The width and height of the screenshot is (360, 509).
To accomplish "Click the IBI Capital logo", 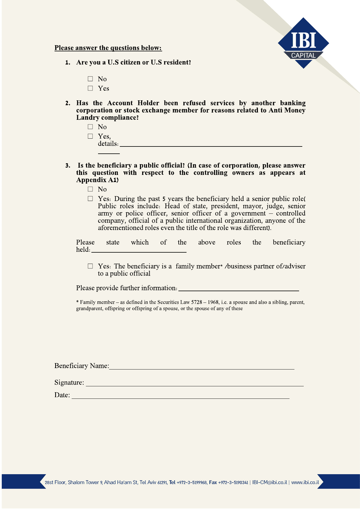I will pyautogui.click(x=303, y=43).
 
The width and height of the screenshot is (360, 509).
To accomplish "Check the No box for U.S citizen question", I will pyautogui.click(x=91, y=79).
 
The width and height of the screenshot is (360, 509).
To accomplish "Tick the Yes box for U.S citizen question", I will pyautogui.click(x=91, y=88).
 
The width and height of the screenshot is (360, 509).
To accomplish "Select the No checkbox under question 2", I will pyautogui.click(x=91, y=127).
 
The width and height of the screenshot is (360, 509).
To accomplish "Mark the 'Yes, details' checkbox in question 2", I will pyautogui.click(x=91, y=136).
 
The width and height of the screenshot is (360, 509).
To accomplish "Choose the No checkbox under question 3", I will pyautogui.click(x=91, y=189).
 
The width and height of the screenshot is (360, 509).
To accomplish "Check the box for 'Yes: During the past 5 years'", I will pyautogui.click(x=91, y=199).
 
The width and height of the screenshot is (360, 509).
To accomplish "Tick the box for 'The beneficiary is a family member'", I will pyautogui.click(x=91, y=266).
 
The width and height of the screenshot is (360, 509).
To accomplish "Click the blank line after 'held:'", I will pyautogui.click(x=139, y=250).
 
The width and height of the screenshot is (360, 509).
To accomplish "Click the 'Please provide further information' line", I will pyautogui.click(x=238, y=289).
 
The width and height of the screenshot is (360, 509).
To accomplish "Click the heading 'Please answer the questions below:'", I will pyautogui.click(x=108, y=48).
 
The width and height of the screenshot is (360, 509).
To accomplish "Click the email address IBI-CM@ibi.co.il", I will pyautogui.click(x=269, y=482).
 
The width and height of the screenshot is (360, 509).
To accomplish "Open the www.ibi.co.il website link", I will pyautogui.click(x=305, y=482).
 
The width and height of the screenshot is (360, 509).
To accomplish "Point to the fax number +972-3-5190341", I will pyautogui.click(x=233, y=483).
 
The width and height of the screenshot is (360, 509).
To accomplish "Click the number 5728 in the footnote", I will pyautogui.click(x=196, y=302).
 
